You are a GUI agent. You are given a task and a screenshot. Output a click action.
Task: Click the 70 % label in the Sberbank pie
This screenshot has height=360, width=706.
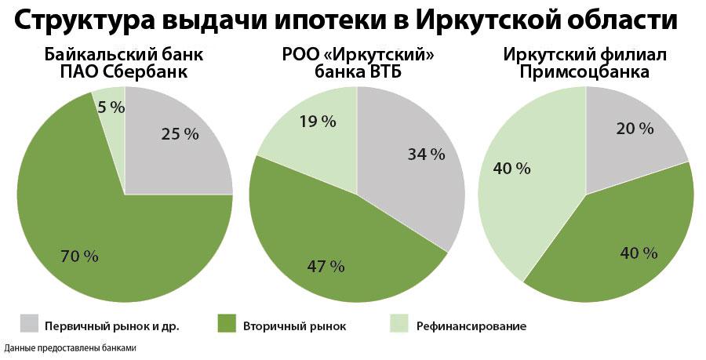tap(80, 256)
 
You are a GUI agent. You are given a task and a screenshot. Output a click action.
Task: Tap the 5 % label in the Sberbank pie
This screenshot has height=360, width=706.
tap(111, 108)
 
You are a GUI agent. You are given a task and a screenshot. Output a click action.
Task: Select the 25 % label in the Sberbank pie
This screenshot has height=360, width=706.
tap(180, 134)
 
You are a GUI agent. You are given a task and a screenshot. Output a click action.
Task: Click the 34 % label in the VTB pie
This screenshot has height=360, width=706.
tap(426, 155)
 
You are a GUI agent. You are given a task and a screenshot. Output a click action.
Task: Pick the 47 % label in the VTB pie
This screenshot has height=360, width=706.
tap(326, 266)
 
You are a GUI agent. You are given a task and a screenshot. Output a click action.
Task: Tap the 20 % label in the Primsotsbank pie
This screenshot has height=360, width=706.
tap(635, 129)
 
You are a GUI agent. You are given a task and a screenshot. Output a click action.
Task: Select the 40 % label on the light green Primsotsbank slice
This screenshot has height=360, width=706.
tap(511, 168)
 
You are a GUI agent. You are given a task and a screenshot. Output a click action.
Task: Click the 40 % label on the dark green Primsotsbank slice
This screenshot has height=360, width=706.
tap(639, 253)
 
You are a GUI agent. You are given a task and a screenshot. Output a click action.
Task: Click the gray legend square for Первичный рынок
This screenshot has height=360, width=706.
tap(29, 324)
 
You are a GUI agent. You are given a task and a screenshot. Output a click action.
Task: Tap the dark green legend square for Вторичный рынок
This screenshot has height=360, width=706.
tap(226, 324)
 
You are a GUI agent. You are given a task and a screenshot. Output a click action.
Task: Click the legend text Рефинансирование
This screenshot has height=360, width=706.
tap(471, 325)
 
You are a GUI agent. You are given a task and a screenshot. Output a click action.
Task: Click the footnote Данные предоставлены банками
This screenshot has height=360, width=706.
tap(71, 347)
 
